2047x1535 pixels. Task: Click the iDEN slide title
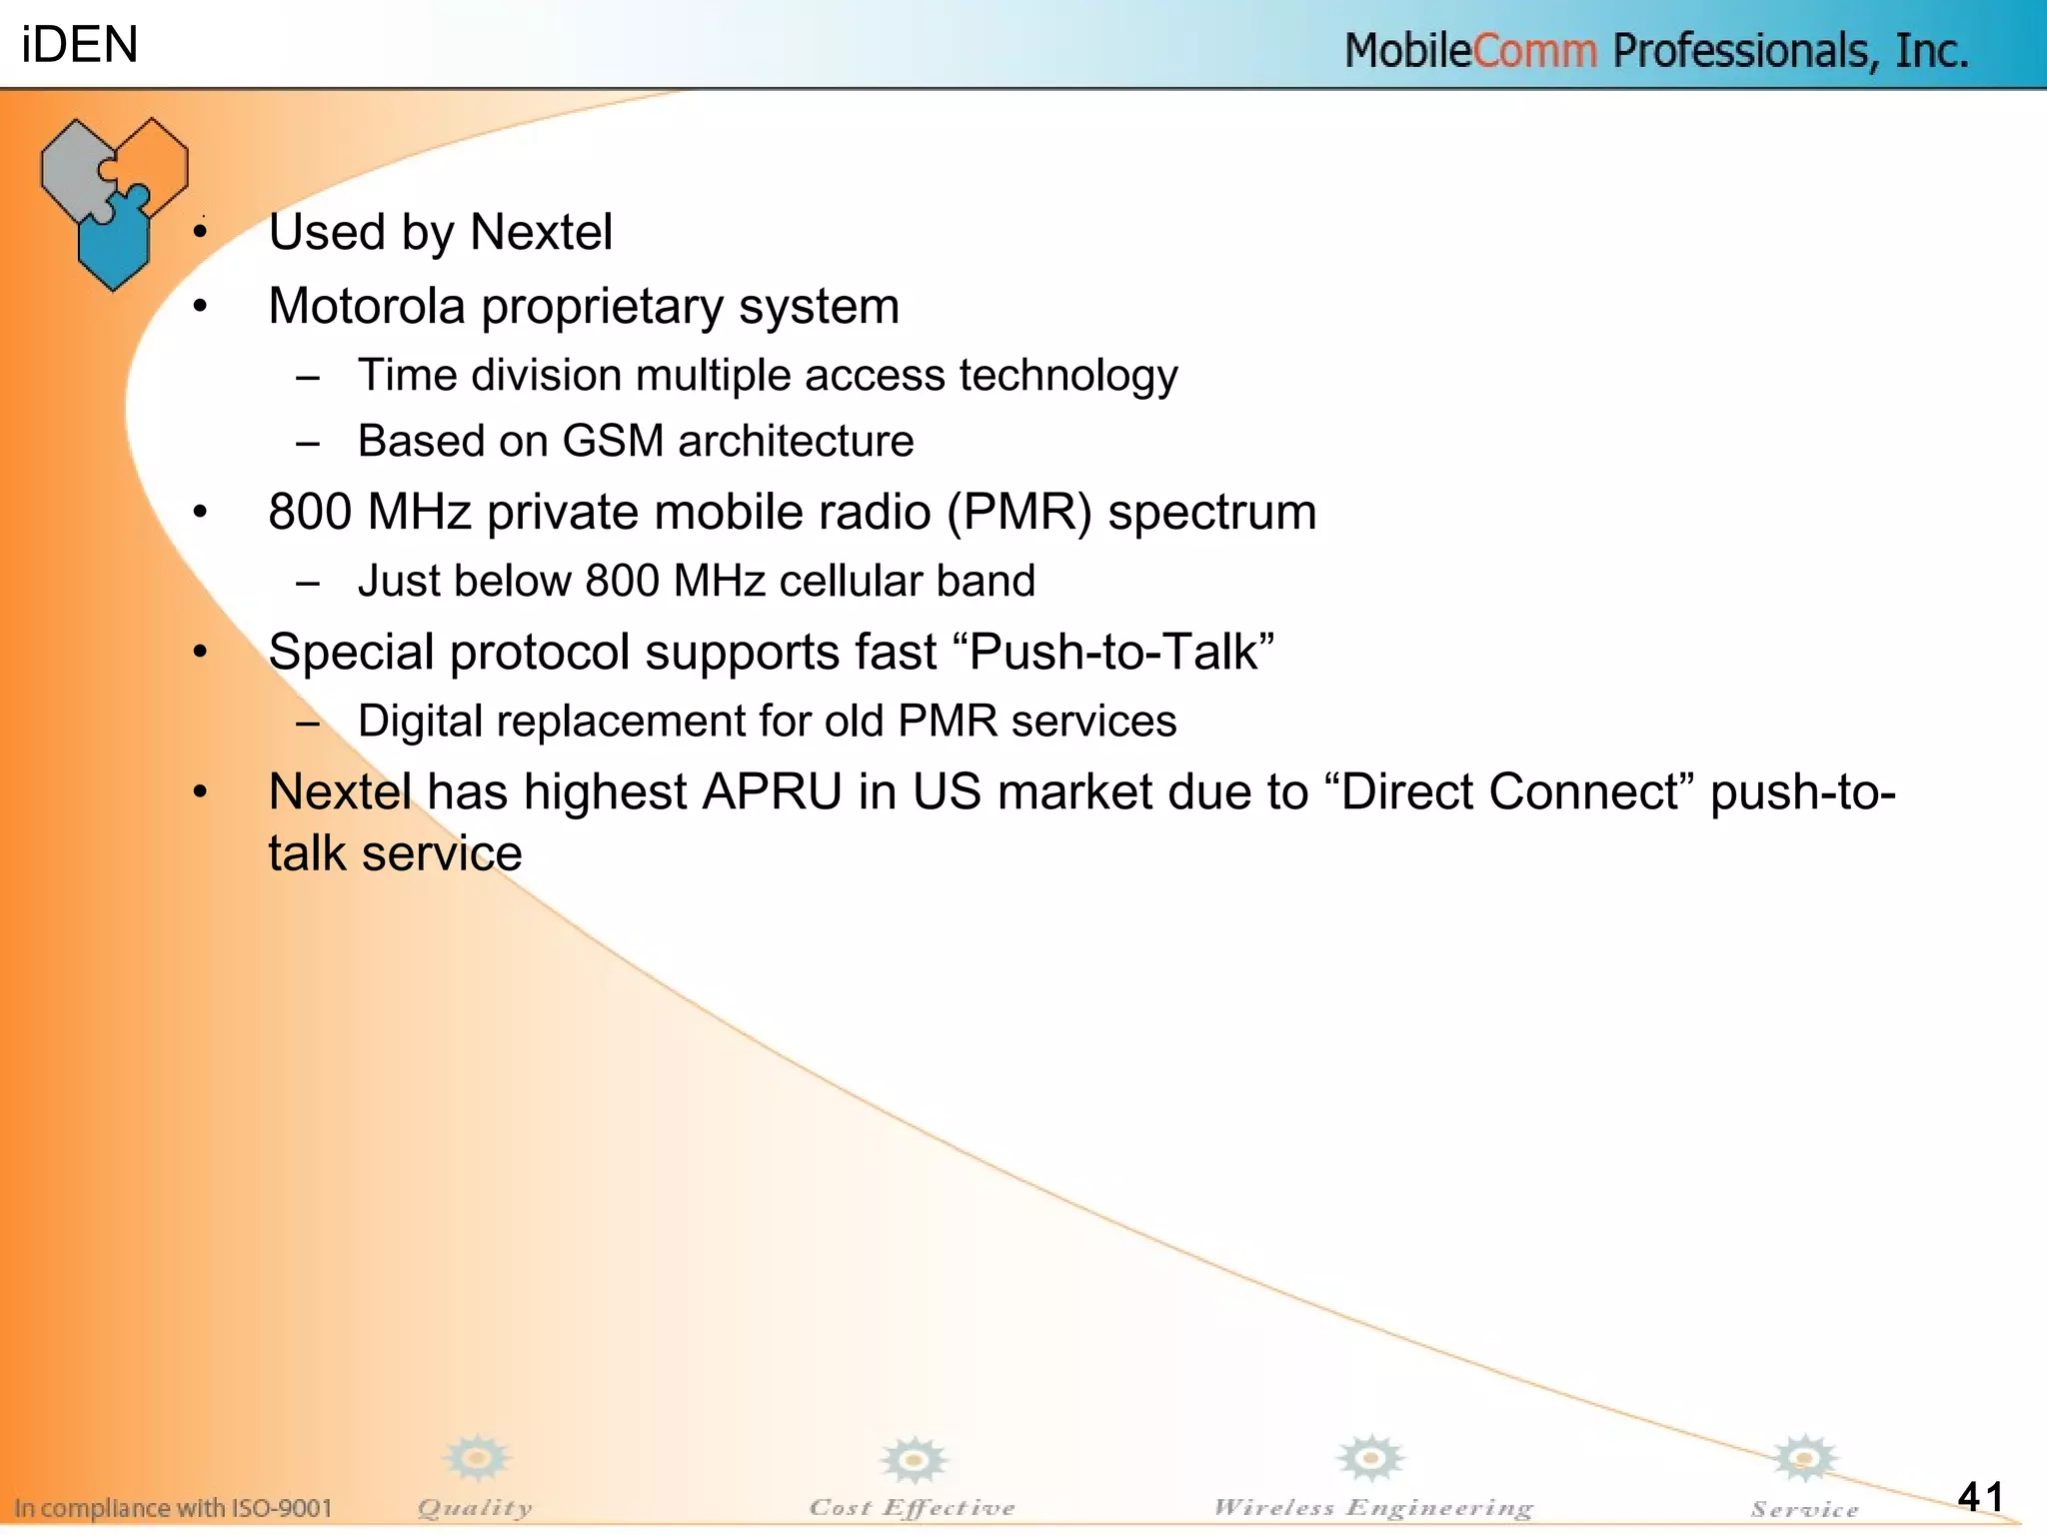coord(79,45)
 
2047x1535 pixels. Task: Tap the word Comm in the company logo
coord(1534,51)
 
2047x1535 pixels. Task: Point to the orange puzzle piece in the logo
coord(155,155)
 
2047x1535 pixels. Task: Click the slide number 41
coord(1980,1496)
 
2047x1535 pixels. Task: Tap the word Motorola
coord(367,306)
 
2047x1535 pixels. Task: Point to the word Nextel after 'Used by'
coord(541,232)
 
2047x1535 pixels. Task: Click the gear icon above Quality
coord(477,1459)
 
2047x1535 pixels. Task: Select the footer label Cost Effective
coord(912,1507)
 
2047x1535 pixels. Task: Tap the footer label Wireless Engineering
coord(1372,1507)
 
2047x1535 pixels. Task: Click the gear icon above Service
coord(1804,1459)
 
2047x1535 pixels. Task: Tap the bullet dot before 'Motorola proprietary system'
coord(201,307)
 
